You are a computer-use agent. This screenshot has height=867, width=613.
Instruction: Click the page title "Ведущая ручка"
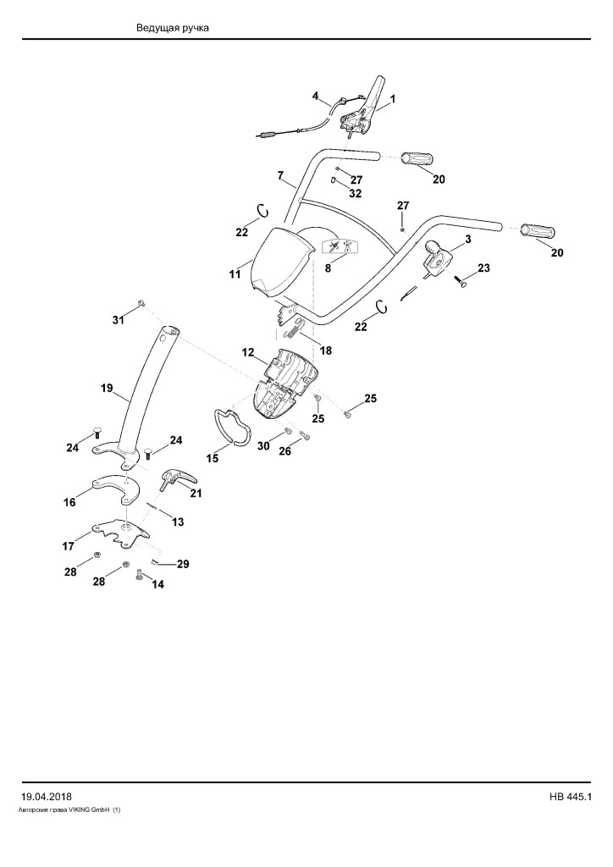coord(173,28)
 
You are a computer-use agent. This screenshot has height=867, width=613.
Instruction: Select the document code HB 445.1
coord(571,797)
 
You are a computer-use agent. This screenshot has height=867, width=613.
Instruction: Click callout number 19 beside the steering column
coord(107,388)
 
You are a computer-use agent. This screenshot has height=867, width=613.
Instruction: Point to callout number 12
coord(247,352)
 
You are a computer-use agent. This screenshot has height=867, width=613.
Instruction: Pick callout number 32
coord(356,194)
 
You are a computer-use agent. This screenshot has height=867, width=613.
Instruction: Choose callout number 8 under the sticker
coord(328,268)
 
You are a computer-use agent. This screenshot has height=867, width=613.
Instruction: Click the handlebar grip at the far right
coord(538,231)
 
